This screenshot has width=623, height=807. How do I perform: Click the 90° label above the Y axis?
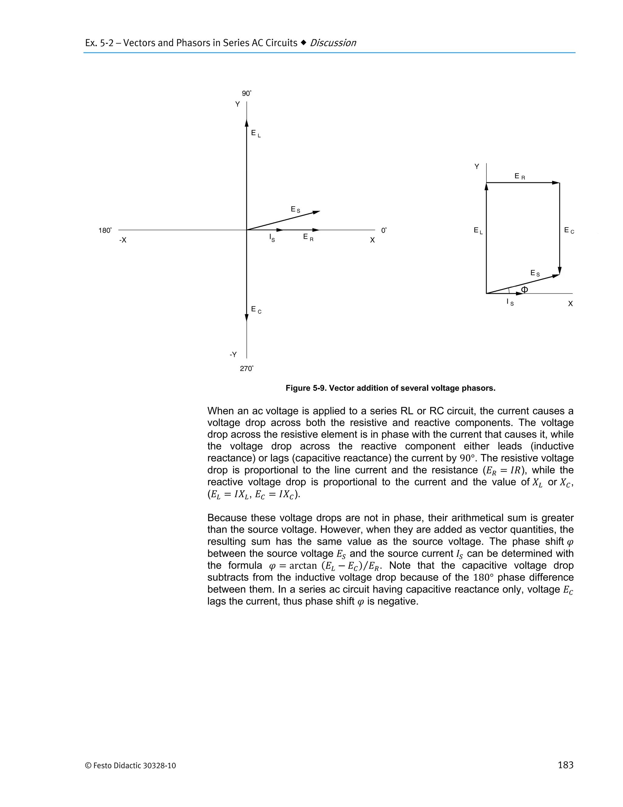click(x=246, y=93)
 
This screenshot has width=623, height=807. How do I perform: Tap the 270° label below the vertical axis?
click(x=246, y=368)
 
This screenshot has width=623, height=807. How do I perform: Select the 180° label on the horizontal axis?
click(x=105, y=230)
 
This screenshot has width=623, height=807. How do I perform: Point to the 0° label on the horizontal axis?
click(x=384, y=230)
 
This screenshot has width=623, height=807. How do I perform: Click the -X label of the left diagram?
click(x=123, y=240)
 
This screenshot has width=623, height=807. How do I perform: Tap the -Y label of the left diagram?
click(x=233, y=354)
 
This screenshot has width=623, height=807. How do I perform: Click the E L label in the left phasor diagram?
click(x=256, y=133)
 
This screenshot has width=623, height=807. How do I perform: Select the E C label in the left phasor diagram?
click(x=256, y=310)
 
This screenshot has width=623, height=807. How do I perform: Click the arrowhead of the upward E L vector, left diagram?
click(x=246, y=123)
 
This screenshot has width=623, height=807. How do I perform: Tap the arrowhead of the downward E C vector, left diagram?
click(x=246, y=317)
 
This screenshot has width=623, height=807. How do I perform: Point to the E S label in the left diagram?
click(x=295, y=210)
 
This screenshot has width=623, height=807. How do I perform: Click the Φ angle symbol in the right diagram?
click(x=524, y=289)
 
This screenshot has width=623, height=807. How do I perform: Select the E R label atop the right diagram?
click(x=519, y=177)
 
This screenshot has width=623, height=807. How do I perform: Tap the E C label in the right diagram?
click(x=569, y=231)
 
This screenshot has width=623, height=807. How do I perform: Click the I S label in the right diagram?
click(x=510, y=302)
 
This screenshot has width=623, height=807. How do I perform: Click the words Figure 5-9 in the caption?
click(x=305, y=388)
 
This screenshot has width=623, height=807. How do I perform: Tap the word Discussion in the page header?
click(x=332, y=43)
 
